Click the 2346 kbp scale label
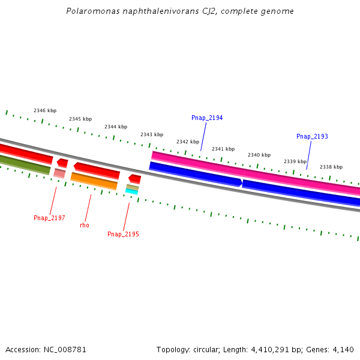(45, 110)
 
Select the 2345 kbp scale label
(80, 119)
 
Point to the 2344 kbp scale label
(116, 127)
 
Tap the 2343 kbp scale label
(152, 134)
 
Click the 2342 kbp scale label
(188, 142)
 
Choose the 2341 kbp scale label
(223, 149)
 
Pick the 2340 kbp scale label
(259, 155)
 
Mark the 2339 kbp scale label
(295, 161)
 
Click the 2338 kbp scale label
(331, 167)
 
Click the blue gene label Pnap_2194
(207, 118)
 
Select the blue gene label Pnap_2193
(312, 137)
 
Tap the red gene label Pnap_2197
(49, 218)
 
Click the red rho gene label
(85, 225)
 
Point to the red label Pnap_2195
(123, 234)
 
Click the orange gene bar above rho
(94, 181)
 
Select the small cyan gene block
(131, 191)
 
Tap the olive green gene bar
(24, 164)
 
